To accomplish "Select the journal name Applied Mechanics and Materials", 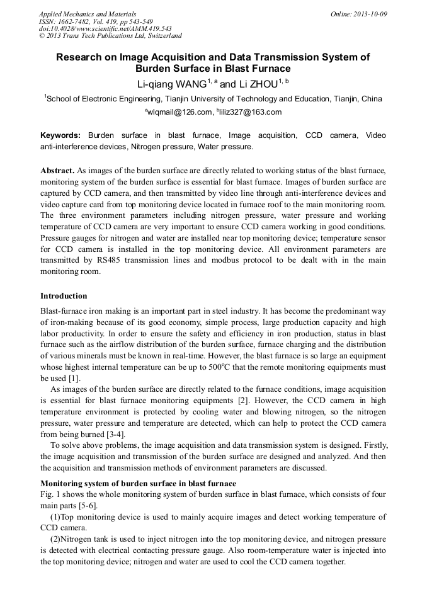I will point(87,13).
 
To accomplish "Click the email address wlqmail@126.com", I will point(181,112).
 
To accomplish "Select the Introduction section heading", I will point(64,295).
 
